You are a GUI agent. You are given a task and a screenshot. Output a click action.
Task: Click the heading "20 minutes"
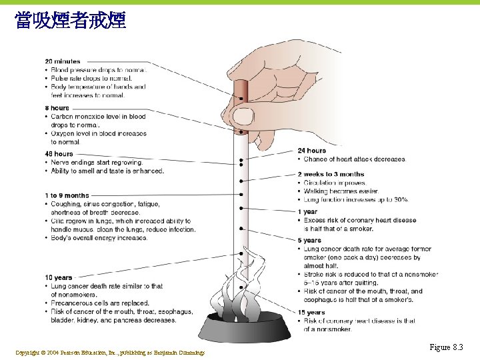click(x=63, y=61)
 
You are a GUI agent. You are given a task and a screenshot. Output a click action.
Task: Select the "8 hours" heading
click(x=57, y=108)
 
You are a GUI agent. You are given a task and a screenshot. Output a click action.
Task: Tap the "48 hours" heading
click(x=59, y=154)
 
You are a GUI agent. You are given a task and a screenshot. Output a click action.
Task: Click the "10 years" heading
click(x=59, y=277)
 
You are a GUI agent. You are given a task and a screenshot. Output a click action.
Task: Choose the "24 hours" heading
click(x=312, y=151)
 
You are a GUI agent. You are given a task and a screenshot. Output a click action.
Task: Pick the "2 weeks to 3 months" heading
click(x=331, y=175)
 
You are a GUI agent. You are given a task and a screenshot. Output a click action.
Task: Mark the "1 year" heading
click(x=307, y=212)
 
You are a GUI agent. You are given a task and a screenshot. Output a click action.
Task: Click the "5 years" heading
click(x=309, y=241)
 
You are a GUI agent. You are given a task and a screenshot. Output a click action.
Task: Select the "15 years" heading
click(x=311, y=312)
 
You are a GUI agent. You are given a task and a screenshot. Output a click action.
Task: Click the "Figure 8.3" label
click(x=446, y=347)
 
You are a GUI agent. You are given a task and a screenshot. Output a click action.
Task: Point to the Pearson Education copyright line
click(x=110, y=352)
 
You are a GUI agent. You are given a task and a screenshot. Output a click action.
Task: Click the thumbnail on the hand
click(x=244, y=117)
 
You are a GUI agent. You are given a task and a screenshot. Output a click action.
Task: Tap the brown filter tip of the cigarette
click(x=241, y=100)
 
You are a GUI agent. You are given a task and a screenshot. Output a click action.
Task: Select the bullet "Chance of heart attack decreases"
click(x=355, y=159)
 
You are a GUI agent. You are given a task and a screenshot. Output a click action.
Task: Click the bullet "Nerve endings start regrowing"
click(x=97, y=163)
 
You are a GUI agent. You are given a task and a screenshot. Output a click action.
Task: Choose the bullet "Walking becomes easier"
click(x=341, y=191)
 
